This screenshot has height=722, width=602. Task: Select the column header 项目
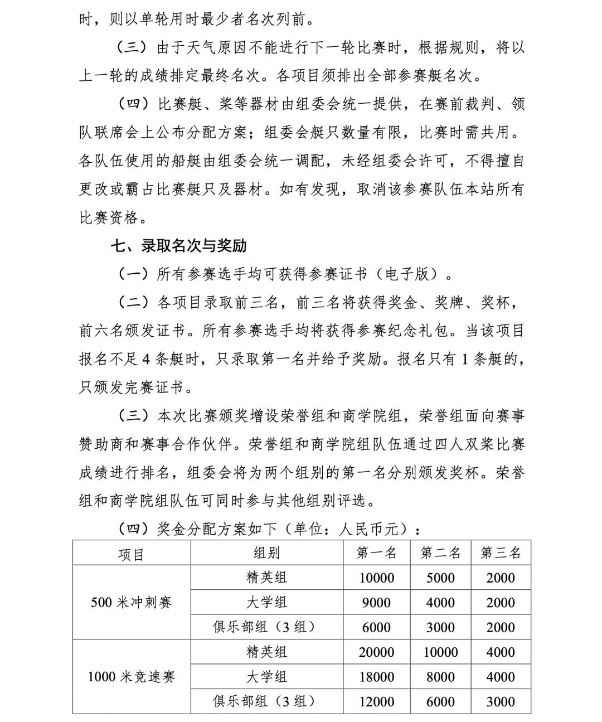(131, 554)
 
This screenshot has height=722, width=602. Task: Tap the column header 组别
(266, 553)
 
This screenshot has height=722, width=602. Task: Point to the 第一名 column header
(377, 553)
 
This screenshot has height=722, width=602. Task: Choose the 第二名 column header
(440, 553)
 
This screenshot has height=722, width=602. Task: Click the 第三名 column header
(501, 553)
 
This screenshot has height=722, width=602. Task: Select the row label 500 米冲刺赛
(131, 603)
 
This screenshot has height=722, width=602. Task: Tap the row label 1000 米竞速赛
(131, 677)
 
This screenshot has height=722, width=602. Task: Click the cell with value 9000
(377, 603)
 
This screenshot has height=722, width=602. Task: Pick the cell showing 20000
(377, 652)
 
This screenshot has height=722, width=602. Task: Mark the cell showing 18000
(377, 677)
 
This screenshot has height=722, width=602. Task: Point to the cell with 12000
(377, 701)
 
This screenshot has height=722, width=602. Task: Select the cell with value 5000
(440, 578)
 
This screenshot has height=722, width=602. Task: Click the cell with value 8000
(440, 677)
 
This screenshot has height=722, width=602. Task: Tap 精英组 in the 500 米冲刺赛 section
(266, 578)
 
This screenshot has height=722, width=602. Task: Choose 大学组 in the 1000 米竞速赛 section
(266, 677)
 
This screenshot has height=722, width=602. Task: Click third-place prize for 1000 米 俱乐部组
(501, 701)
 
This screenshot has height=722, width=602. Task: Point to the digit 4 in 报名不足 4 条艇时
(145, 360)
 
